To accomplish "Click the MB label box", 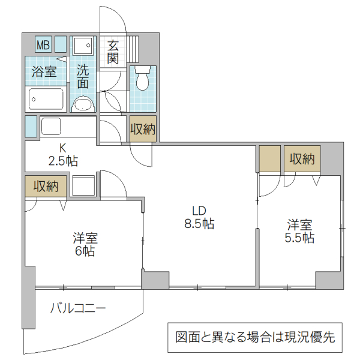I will (43, 45).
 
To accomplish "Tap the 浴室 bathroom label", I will (44, 72).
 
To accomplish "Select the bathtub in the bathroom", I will (46, 99).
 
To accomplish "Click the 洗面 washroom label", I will (83, 76).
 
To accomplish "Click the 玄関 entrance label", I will (113, 52).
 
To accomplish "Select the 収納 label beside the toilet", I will (143, 128).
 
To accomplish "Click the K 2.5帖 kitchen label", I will (62, 154).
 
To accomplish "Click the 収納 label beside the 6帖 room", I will (46, 186).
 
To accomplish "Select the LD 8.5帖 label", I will (199, 217).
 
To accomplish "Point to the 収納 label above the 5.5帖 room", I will (302, 158).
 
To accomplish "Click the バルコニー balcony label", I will (77, 308).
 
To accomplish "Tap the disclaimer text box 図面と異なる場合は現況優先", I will (254, 337).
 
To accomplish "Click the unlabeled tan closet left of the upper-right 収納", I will (270, 158).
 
